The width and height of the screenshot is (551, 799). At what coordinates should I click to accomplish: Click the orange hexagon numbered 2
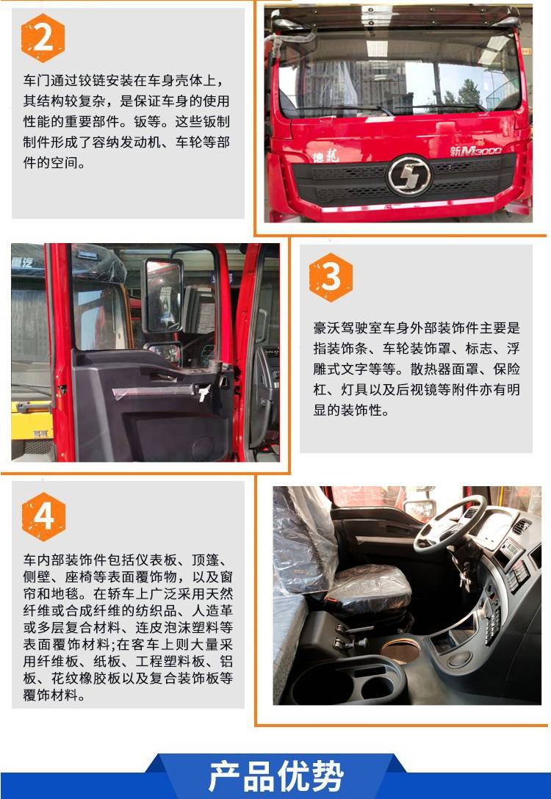point(43,38)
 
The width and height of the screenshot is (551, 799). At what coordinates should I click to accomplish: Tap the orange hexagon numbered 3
point(331,277)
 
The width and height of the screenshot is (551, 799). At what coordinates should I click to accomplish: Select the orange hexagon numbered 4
point(43,517)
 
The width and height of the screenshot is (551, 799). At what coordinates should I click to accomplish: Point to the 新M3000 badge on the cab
point(475,151)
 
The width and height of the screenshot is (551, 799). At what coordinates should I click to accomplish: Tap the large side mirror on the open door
point(163,294)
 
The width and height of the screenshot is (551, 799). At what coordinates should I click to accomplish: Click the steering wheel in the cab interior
point(450,524)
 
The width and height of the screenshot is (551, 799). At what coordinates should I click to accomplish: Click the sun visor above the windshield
point(395,18)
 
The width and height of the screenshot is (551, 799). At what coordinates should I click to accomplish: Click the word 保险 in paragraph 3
point(507,369)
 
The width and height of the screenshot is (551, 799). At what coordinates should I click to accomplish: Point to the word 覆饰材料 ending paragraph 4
point(51,695)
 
